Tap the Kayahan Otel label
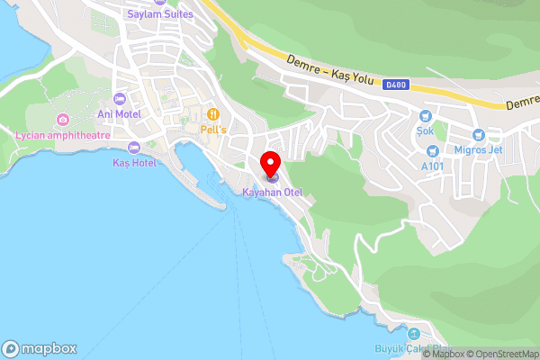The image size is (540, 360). click(x=272, y=193)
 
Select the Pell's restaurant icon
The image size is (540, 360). click(x=213, y=114)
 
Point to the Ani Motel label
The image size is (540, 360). click(x=120, y=114)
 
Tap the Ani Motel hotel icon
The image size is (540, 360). click(x=120, y=99)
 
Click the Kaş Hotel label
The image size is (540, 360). click(x=134, y=163)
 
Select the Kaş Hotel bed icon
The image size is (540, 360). click(x=134, y=148)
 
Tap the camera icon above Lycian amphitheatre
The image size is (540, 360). click(x=62, y=120)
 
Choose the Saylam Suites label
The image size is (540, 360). click(x=160, y=14)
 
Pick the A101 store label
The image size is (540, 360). click(x=434, y=166)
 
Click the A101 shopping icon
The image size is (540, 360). click(x=434, y=150)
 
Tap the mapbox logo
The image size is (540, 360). click(x=40, y=348)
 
